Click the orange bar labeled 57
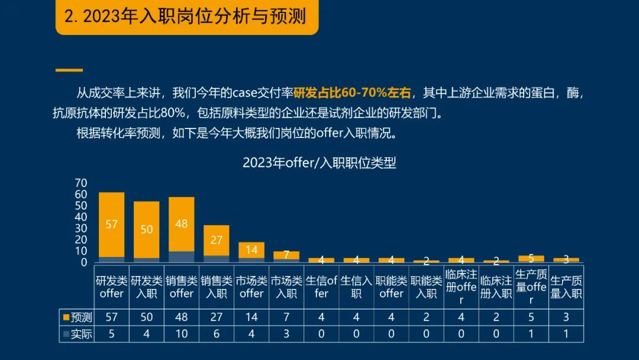111,224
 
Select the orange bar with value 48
182,224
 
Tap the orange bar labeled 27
217,240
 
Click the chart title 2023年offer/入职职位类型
319,163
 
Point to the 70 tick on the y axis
81,182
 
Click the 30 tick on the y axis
81,228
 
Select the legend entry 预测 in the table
78,317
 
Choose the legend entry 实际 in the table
78,334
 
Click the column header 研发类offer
111,287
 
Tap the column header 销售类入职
217,287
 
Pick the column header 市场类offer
251,287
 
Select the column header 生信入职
356,287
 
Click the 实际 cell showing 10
182,334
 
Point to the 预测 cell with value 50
147,317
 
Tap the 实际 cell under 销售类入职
217,334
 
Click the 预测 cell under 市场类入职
286,317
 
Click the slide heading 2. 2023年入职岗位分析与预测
186,17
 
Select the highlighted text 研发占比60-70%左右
352,93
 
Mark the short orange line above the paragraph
69,70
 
